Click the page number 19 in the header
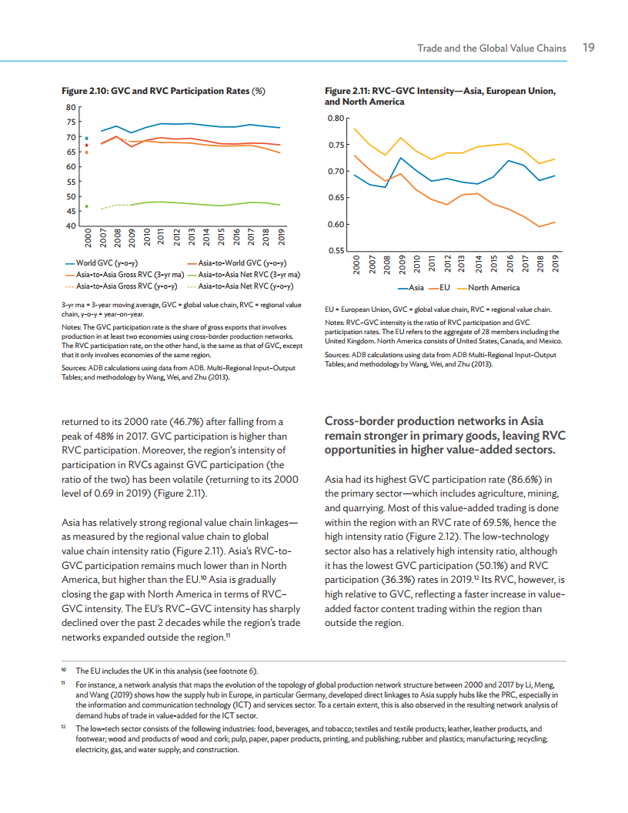(588, 48)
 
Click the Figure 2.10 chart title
(164, 91)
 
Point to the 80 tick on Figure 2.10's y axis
(71, 107)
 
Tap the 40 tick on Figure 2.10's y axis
(71, 226)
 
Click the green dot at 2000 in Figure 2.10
(87, 206)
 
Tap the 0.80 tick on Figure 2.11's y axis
(333, 118)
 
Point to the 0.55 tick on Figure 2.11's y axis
(333, 251)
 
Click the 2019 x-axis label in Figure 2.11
(556, 265)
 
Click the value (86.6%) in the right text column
(524, 478)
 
